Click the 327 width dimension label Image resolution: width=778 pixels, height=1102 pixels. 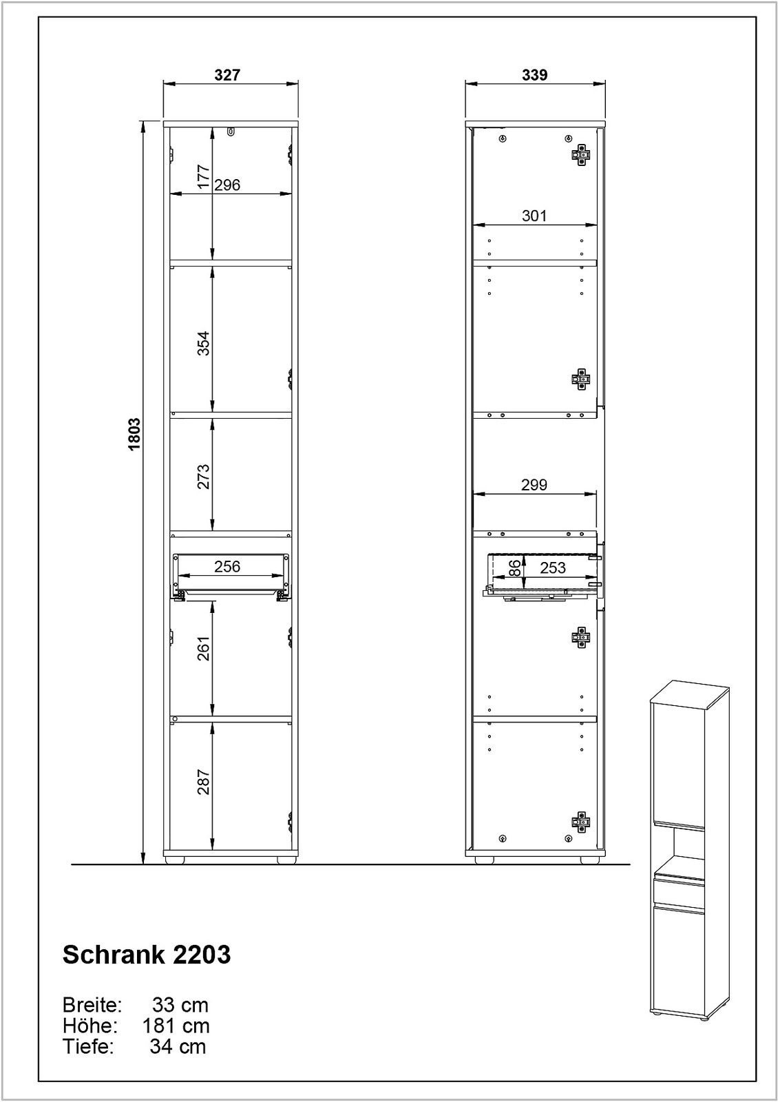[x=227, y=75]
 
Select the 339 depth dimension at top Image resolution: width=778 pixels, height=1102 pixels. [x=534, y=75]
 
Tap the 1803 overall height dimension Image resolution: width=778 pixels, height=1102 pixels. [x=134, y=434]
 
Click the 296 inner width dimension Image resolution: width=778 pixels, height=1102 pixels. [x=227, y=185]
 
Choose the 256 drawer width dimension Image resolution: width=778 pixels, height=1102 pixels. [x=227, y=566]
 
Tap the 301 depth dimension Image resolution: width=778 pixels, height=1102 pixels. [x=534, y=216]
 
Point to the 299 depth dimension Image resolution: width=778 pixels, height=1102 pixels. [x=534, y=485]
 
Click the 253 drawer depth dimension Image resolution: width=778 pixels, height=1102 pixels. [x=552, y=568]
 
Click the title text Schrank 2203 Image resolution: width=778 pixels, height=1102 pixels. [x=147, y=955]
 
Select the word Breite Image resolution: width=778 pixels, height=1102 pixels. [x=92, y=1004]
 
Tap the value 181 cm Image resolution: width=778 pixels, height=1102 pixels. [x=176, y=1026]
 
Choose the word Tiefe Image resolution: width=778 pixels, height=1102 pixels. [x=87, y=1047]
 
